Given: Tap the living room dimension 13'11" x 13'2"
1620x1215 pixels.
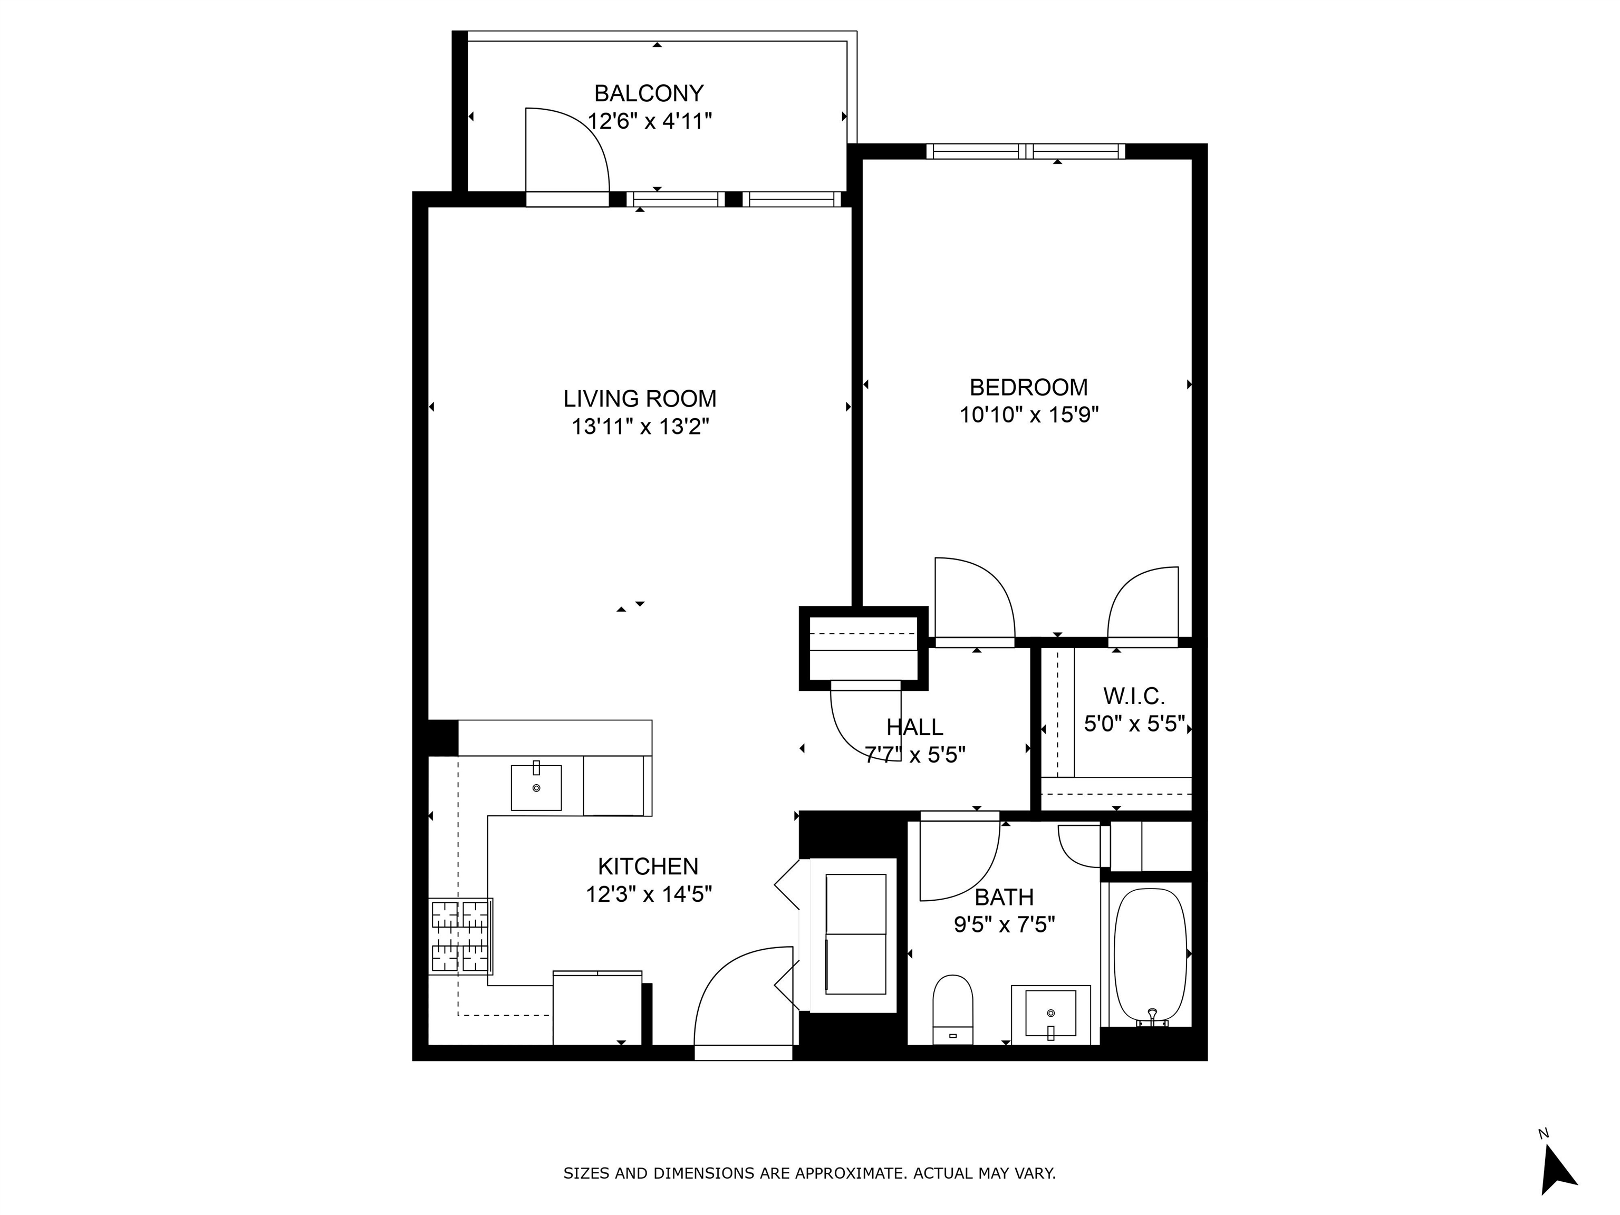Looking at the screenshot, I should [x=640, y=426].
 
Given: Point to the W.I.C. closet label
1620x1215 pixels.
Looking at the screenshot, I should [x=1134, y=695].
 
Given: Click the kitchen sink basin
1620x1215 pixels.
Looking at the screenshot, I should [x=536, y=787].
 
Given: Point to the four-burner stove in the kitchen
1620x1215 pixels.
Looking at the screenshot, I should [x=461, y=936].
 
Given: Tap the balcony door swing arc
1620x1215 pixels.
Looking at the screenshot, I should [x=567, y=150].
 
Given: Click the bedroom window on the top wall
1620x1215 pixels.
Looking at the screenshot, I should [x=1025, y=151].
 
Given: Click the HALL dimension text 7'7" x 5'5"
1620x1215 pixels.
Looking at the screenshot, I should [x=915, y=754].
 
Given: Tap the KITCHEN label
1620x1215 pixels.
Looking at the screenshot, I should [x=648, y=866].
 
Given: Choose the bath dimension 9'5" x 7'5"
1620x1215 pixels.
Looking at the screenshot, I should [x=1004, y=924].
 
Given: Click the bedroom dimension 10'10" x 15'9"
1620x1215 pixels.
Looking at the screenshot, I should [x=1029, y=415].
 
